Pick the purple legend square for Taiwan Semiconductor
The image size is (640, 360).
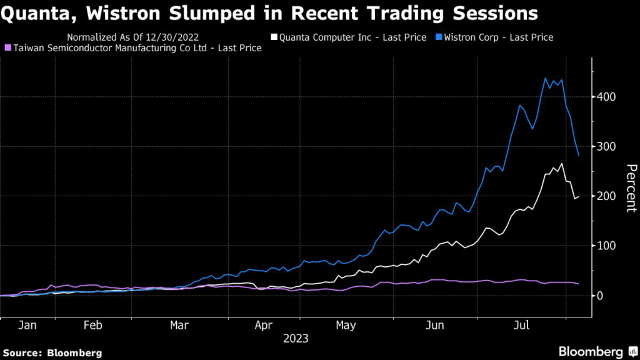click(7, 48)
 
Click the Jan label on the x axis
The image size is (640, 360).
click(27, 325)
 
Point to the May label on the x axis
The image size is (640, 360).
click(346, 325)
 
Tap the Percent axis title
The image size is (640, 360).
click(631, 187)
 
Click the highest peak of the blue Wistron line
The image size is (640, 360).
click(546, 78)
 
